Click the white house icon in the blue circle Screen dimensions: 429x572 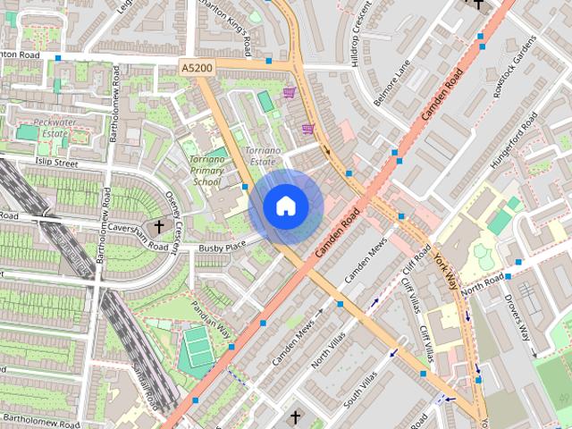point(286,206)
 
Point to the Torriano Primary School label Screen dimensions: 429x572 point(206,170)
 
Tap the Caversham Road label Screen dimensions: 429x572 point(134,226)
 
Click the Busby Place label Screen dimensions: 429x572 point(222,246)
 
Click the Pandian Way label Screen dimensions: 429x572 point(210,319)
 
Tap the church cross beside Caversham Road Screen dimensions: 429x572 point(160,226)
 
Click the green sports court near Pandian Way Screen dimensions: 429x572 point(194,348)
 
